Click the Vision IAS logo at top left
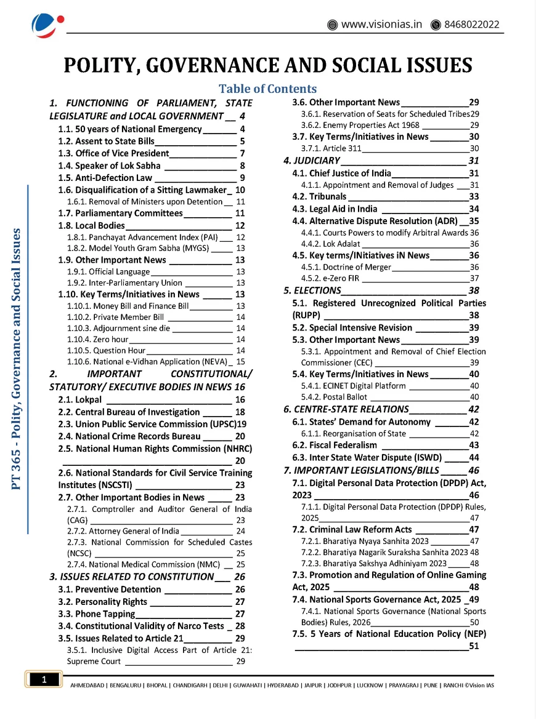47,25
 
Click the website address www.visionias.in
381,25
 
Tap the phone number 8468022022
473,25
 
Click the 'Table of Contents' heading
267,89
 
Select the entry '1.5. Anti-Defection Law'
105,178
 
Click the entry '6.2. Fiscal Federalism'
335,445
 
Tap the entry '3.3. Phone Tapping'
96,614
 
